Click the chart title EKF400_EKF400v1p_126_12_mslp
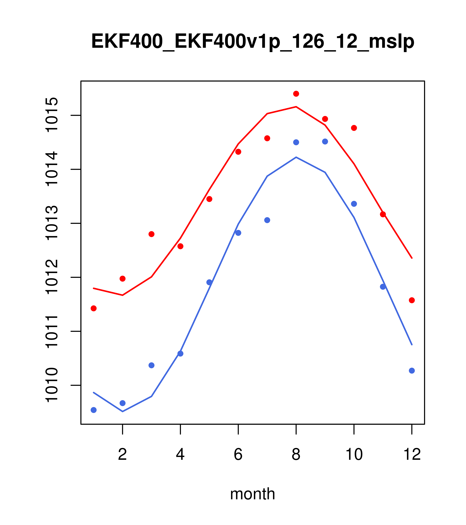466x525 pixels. [x=253, y=42]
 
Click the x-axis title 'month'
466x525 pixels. [x=253, y=494]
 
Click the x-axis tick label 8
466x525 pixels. [x=296, y=455]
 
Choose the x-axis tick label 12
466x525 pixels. [x=412, y=455]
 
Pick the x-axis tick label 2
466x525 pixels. [x=123, y=455]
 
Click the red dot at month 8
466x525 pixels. [x=296, y=94]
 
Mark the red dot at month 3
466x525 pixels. [x=152, y=234]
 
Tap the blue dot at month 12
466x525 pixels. [x=412, y=371]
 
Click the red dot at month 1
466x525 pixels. [x=94, y=308]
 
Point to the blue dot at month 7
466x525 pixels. [x=267, y=220]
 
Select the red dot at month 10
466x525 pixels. [x=354, y=128]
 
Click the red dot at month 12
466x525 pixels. [x=412, y=300]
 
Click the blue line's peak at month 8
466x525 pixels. [x=296, y=157]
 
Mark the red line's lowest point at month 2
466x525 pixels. [x=123, y=295]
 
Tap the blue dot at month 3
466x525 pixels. [x=152, y=365]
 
